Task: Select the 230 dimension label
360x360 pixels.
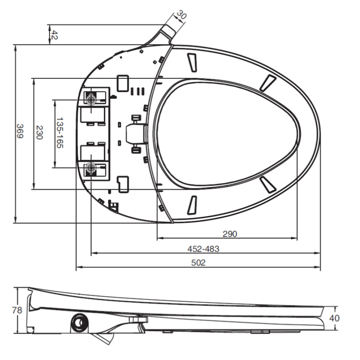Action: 38,133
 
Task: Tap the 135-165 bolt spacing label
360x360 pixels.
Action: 59,133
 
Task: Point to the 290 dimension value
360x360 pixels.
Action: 229,234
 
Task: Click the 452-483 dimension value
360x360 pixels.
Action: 203,249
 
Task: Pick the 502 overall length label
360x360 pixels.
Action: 198,263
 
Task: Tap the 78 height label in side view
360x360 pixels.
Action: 17,310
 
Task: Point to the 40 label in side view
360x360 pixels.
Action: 334,318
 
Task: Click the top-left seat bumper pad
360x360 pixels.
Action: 193,62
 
